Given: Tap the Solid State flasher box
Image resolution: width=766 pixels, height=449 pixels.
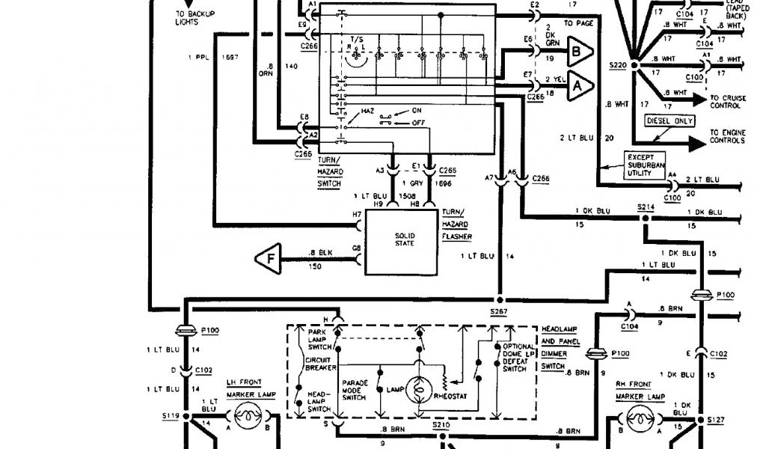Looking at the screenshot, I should pos(400,242).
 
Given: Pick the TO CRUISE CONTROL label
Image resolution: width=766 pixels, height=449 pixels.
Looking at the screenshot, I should pos(725,101).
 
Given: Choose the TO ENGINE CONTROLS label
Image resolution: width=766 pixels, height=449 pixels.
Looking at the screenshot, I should pos(728,135).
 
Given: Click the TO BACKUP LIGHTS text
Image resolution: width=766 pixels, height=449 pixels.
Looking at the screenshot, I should pos(177,18).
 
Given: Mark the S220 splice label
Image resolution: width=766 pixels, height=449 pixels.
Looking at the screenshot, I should pos(617,66).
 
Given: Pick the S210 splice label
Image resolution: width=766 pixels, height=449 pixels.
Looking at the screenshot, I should pos(442,424).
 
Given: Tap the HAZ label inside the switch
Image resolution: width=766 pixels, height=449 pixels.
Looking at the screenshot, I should pos(367,111).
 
